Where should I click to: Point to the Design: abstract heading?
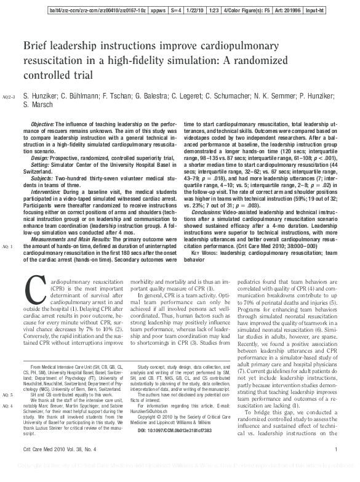[40, 157]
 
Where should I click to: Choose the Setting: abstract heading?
[40, 164]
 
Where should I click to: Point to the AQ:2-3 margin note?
[10, 97]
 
